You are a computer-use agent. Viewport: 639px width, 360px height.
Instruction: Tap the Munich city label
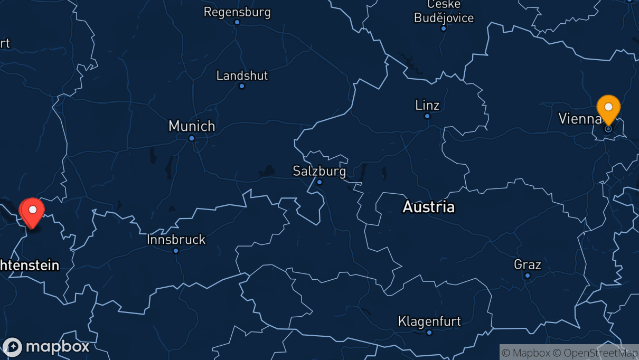(192, 126)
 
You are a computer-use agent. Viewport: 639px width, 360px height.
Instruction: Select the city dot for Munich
(192, 138)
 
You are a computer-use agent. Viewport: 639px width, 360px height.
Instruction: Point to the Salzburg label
(319, 171)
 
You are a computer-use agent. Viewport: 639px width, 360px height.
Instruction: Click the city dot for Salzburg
(319, 182)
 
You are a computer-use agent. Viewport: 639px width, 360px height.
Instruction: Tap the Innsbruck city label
(176, 240)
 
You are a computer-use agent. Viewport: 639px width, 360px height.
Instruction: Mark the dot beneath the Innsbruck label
(176, 250)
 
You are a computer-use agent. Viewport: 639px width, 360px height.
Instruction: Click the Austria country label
(428, 207)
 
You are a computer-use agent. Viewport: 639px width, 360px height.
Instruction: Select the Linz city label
(427, 105)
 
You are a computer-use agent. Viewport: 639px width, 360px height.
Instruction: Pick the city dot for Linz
(427, 116)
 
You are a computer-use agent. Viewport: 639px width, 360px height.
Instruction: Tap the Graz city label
(528, 264)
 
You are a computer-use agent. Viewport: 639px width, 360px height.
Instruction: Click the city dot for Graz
(528, 276)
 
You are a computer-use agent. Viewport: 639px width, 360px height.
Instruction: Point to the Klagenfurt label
(429, 321)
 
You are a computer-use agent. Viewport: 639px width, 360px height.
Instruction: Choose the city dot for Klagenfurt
(429, 332)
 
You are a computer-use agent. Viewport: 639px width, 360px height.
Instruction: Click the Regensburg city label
(237, 12)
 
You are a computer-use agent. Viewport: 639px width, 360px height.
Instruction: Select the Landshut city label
(242, 75)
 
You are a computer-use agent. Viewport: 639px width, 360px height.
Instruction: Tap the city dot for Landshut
(242, 86)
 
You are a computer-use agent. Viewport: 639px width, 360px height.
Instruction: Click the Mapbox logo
(46, 347)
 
